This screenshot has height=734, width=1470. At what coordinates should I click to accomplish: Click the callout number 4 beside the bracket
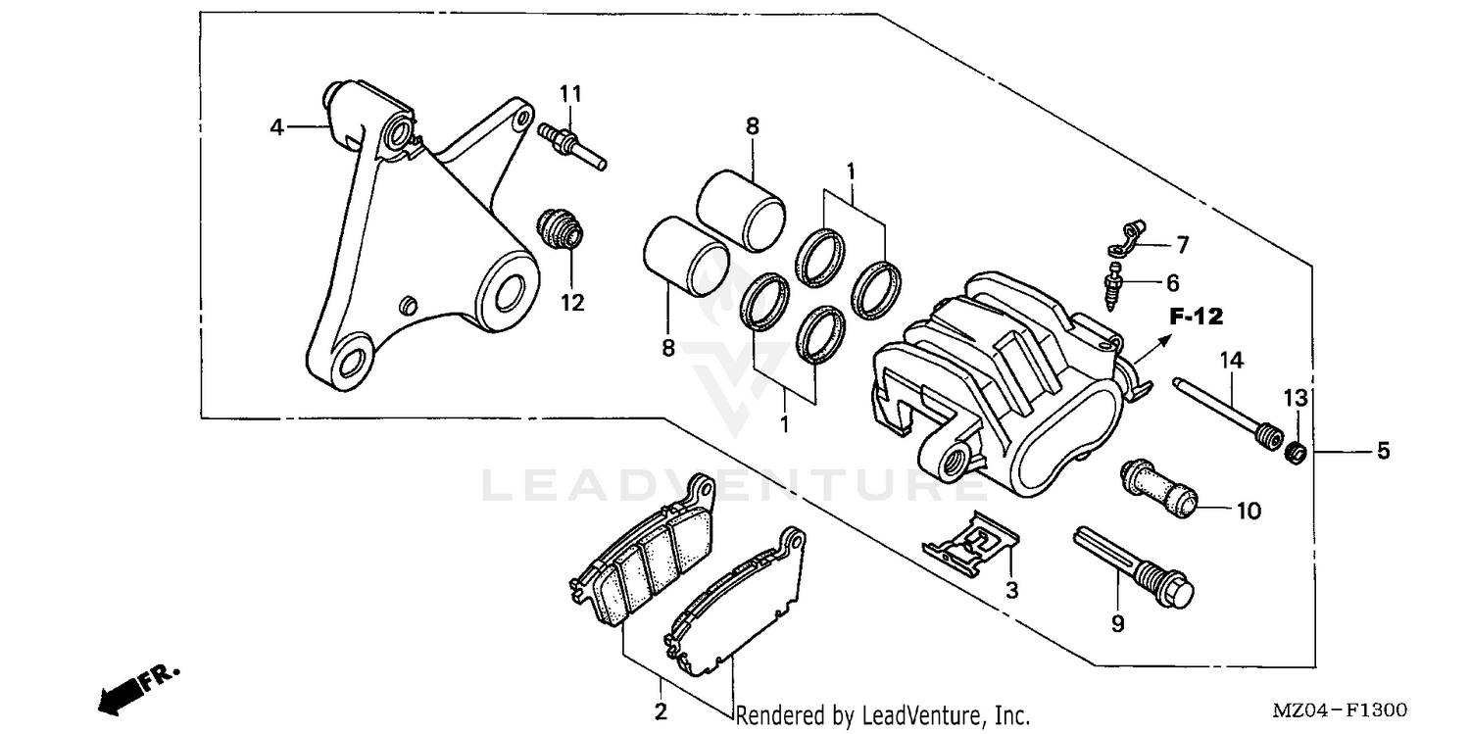(277, 127)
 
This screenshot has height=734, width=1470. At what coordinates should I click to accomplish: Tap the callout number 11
(571, 93)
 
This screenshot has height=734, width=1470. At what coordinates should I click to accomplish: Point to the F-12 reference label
(1197, 317)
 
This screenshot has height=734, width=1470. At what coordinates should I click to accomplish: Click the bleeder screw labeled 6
(1114, 285)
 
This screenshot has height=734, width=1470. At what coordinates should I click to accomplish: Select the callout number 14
(1231, 361)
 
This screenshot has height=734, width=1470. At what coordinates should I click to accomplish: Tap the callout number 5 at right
(1383, 451)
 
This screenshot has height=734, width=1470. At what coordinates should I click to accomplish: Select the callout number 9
(1117, 622)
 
